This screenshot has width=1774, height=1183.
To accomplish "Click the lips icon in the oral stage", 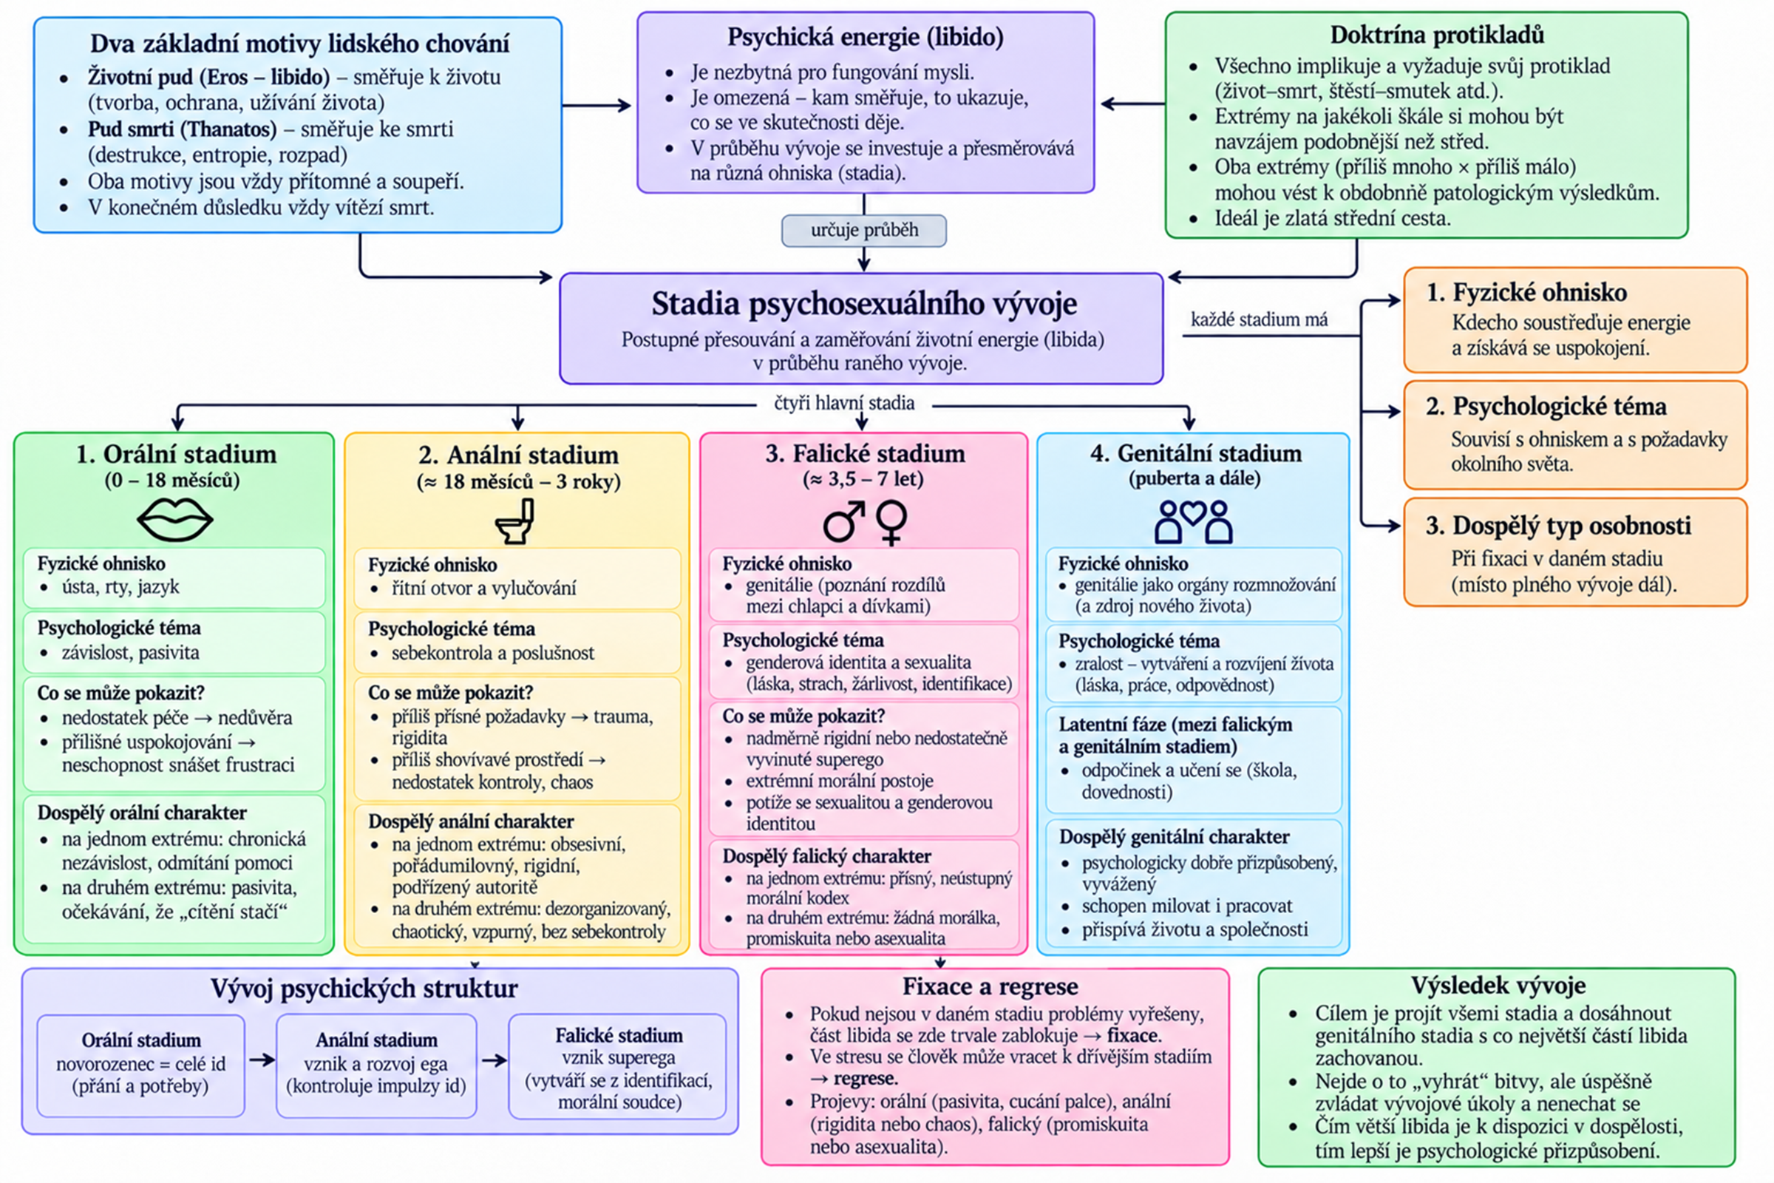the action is point(175,520).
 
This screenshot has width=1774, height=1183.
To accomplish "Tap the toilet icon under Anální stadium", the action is point(516,521).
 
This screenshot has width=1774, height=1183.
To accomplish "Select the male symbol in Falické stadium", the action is point(843,521).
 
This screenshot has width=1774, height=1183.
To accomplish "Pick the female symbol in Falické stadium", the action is point(891,522).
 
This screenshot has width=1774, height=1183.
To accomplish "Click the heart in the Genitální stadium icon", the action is point(1193,513).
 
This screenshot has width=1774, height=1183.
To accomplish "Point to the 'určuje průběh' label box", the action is point(863,231).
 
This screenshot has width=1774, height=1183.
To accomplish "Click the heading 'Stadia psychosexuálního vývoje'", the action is point(863,303).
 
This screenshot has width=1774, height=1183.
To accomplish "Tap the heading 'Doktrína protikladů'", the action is point(1437,35).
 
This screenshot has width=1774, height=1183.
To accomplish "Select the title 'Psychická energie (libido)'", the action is point(865,37).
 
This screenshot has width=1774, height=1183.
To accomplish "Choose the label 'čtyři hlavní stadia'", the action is point(844,403).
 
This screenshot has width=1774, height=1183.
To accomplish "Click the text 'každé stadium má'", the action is point(1259,320).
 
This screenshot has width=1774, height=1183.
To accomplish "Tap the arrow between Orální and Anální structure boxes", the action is point(262,1060).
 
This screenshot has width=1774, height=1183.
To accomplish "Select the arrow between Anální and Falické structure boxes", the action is point(494,1060).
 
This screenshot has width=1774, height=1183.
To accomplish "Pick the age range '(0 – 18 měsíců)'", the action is point(173,481).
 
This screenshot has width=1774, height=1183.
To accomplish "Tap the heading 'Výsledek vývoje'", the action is point(1498,986).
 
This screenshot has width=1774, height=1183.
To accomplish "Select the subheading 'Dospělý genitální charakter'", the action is point(1174,837).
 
